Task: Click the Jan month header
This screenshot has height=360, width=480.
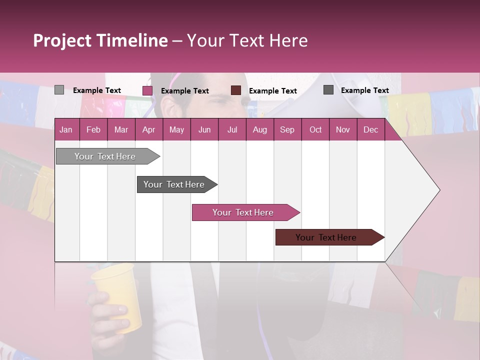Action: tap(66, 129)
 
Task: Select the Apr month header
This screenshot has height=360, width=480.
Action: tap(148, 129)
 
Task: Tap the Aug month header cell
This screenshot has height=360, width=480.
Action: tap(259, 129)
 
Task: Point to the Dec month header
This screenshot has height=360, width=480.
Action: tap(370, 129)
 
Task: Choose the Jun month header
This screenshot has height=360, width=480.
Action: tap(204, 129)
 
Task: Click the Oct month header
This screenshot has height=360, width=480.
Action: tap(315, 129)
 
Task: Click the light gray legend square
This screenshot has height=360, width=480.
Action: tap(59, 90)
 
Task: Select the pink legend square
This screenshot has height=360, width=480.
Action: tap(147, 90)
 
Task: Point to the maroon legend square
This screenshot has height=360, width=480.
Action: tap(236, 90)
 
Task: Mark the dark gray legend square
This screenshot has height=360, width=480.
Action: tap(328, 90)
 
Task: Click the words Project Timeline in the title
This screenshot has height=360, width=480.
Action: tap(100, 40)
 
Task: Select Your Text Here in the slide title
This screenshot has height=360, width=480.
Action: tap(247, 40)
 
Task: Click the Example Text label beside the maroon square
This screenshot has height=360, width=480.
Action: tap(272, 91)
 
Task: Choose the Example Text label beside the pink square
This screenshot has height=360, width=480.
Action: tap(184, 91)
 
